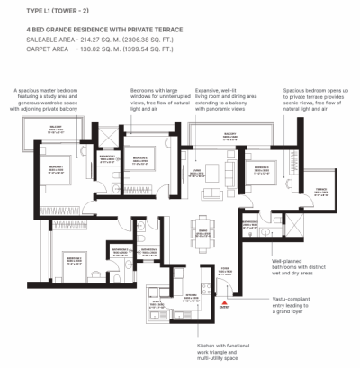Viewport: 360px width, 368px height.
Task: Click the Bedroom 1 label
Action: (56, 168)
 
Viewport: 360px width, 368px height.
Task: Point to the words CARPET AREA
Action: (36, 50)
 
